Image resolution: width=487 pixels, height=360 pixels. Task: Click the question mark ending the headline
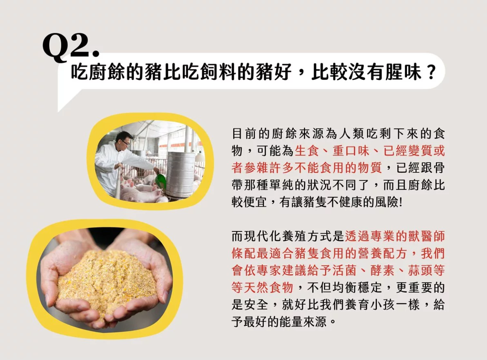(x=430, y=72)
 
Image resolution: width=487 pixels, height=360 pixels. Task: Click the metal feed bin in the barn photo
(x=180, y=174)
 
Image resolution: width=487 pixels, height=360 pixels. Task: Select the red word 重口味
(x=351, y=151)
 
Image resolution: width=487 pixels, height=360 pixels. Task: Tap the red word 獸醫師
(x=426, y=236)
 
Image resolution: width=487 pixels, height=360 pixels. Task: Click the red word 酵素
(x=382, y=271)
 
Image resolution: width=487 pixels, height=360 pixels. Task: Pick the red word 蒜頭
(x=420, y=271)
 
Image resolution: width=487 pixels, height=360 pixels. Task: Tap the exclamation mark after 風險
(x=401, y=202)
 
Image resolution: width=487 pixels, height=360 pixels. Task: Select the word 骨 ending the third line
(x=439, y=168)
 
